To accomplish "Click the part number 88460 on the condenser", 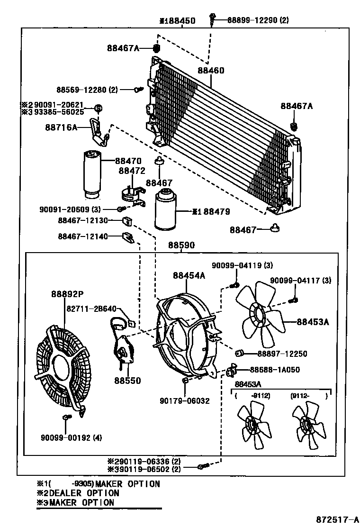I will [211, 70].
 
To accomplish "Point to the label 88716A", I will [61, 127].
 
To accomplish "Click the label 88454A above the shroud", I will [189, 275].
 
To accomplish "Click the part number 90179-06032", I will [185, 400].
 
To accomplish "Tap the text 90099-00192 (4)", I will [71, 438].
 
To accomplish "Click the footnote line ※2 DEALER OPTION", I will [78, 493].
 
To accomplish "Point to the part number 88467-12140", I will [83, 236].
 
